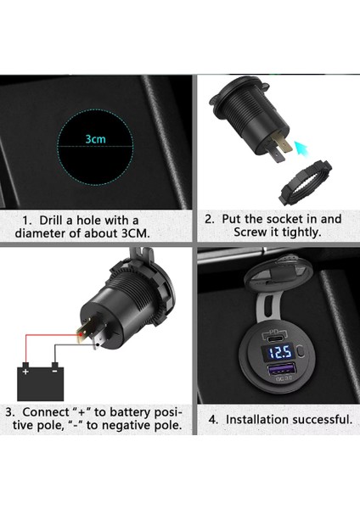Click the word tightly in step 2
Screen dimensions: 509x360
pyautogui.click(x=294, y=232)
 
